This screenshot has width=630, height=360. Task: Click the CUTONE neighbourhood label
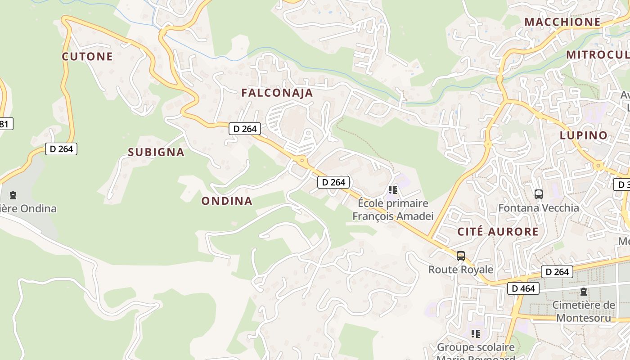pos(87,56)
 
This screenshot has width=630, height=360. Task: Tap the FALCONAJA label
pos(277,93)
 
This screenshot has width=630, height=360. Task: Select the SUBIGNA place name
pos(156,152)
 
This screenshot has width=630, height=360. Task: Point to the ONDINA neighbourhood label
pos(226,201)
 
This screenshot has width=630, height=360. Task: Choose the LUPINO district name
pos(583,135)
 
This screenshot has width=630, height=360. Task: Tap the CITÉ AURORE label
pos(498,232)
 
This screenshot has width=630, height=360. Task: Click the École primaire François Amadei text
pos(393,210)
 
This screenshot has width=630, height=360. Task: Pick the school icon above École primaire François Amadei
pos(393,190)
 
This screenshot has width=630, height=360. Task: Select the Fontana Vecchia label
pos(538,208)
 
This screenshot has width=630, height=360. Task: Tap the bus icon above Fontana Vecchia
pos(538,194)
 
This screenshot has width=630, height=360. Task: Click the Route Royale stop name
pos(461,270)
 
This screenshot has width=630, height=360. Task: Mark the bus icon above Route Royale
pos(460,256)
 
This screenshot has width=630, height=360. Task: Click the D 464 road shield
pos(523,288)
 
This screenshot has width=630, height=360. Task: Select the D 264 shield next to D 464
pos(557,272)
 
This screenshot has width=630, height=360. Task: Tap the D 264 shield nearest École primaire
pos(333,182)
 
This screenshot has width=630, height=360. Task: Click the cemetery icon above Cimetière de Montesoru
pos(584,292)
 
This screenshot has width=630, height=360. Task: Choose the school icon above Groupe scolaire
pos(475,334)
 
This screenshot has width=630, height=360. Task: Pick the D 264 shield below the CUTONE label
pos(61,148)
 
